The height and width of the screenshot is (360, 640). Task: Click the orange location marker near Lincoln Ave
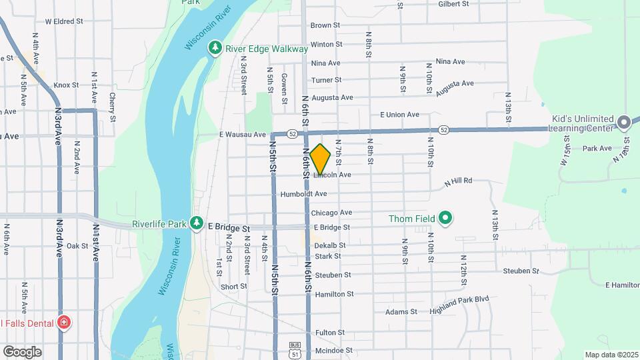tap(321, 159)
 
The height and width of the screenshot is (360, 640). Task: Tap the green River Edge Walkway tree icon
tap(215, 48)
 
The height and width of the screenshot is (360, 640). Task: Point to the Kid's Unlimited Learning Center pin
tap(624, 122)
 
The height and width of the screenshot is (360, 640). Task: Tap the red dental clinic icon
tap(64, 323)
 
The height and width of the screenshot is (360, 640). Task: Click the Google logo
tap(22, 352)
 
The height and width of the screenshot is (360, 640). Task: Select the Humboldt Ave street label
tap(303, 194)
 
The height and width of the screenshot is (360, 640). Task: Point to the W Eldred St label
tap(64, 21)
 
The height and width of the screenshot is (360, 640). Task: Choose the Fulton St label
tap(330, 332)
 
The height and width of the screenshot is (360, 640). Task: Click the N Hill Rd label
tap(458, 181)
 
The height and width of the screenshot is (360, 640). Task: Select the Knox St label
tap(66, 85)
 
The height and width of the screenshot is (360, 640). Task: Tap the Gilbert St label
tap(453, 4)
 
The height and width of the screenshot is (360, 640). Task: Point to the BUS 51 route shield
tap(294, 349)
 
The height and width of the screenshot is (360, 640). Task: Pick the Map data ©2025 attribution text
tap(611, 355)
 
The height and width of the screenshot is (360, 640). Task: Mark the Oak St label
tap(77, 246)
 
